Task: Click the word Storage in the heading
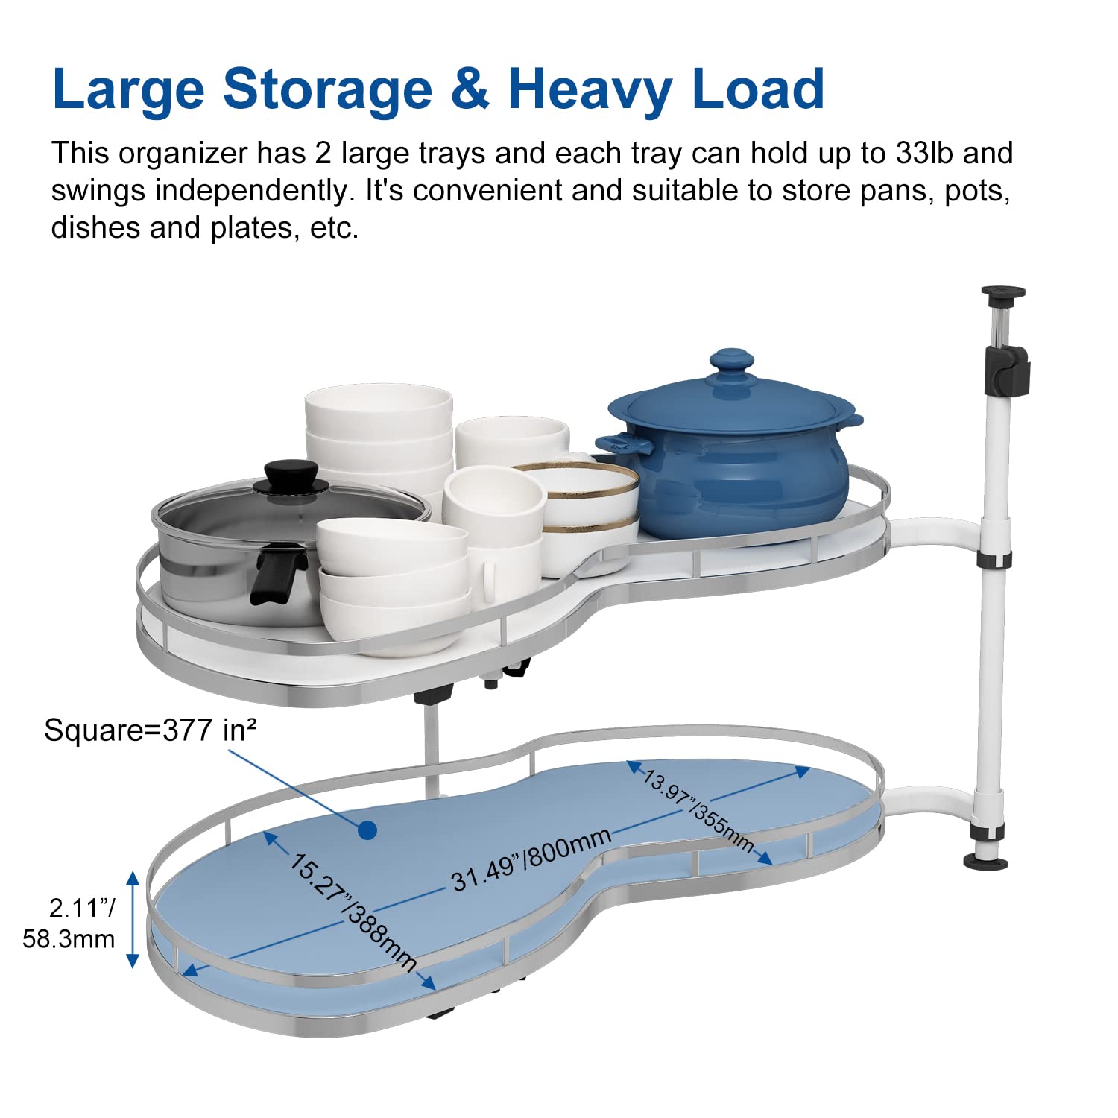(x=327, y=89)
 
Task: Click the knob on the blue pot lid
(x=731, y=362)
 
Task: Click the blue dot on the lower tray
(x=367, y=830)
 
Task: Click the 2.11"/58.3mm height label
(x=72, y=923)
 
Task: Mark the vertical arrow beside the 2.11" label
(x=133, y=919)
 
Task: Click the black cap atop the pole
(x=1003, y=294)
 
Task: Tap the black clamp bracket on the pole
(x=1007, y=370)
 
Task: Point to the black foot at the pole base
(x=985, y=862)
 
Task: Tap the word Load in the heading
(x=758, y=89)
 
